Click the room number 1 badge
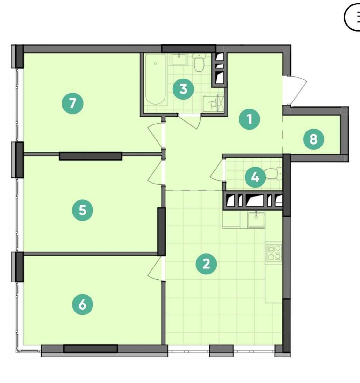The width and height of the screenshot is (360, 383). click(249, 119)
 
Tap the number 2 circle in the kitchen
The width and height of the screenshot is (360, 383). click(206, 264)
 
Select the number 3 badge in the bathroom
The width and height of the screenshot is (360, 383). click(183, 89)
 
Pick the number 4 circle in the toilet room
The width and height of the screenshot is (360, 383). click(255, 177)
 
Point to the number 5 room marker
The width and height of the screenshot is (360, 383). click(83, 210)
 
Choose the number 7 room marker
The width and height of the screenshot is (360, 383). click(73, 103)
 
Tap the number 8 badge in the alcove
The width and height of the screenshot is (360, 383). click(313, 139)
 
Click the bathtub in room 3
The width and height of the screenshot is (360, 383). click(155, 80)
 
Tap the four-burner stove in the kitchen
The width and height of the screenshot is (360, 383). click(274, 253)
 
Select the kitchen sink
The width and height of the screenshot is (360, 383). click(256, 220)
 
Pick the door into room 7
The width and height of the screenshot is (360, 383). click(156, 135)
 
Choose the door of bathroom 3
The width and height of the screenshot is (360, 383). click(190, 122)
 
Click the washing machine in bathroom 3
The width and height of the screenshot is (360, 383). click(214, 104)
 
